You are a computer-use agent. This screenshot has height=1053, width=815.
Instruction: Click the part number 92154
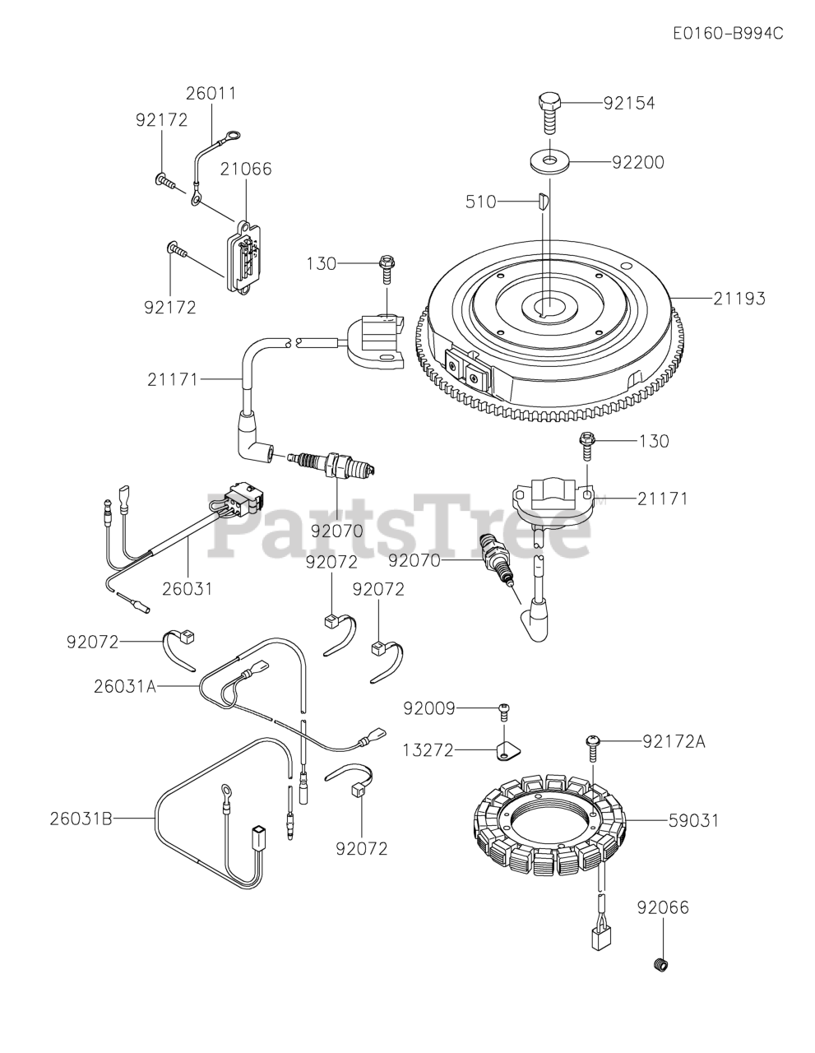(x=628, y=103)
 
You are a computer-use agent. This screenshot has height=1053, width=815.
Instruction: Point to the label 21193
(x=739, y=298)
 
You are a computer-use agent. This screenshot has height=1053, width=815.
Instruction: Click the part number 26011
(x=211, y=93)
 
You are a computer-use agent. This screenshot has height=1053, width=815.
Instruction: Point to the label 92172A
(x=674, y=742)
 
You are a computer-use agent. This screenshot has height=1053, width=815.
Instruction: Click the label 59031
(x=693, y=820)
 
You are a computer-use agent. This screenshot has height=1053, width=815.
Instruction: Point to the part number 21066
(x=245, y=169)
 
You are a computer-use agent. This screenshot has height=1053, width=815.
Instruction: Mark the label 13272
(x=429, y=750)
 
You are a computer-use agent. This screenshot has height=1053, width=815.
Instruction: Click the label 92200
(x=637, y=162)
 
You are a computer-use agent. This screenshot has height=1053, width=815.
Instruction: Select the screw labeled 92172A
(x=593, y=744)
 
